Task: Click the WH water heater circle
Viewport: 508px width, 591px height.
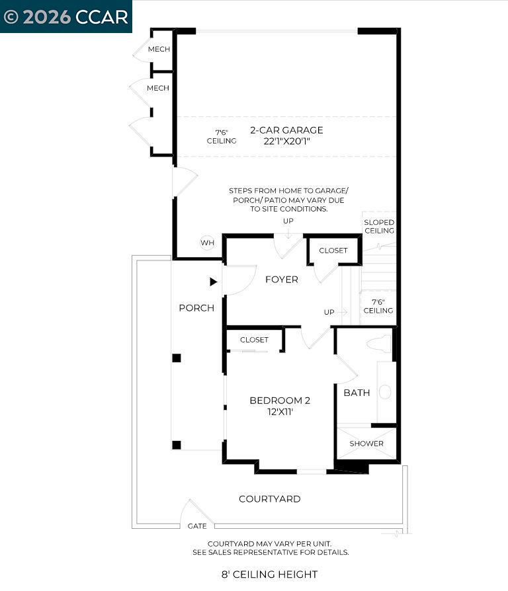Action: click(207, 243)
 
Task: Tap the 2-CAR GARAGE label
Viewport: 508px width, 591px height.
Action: click(286, 130)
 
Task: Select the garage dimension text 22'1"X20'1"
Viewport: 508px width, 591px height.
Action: click(286, 141)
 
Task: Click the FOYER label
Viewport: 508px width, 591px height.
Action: click(282, 280)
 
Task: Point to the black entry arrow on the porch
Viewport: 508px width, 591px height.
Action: click(213, 282)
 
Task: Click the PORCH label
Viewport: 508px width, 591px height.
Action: click(196, 308)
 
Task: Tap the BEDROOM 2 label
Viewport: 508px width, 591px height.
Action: click(280, 401)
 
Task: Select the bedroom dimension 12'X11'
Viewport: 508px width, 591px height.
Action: click(280, 411)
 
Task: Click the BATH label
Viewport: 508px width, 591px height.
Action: click(357, 393)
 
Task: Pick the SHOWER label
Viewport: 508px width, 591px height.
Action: click(366, 443)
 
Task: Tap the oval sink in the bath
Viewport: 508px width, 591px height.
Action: click(385, 392)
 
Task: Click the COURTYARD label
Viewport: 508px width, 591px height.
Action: click(270, 499)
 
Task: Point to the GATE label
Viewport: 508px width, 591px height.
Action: click(197, 526)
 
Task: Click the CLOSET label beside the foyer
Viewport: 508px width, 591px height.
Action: click(333, 251)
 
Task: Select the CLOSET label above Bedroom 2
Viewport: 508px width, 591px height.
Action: click(255, 340)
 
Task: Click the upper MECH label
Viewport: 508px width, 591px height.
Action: click(158, 50)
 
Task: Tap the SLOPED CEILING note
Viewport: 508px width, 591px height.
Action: click(379, 227)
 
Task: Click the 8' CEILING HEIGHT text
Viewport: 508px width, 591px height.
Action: click(270, 574)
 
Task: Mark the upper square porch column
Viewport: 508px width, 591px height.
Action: click(177, 358)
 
